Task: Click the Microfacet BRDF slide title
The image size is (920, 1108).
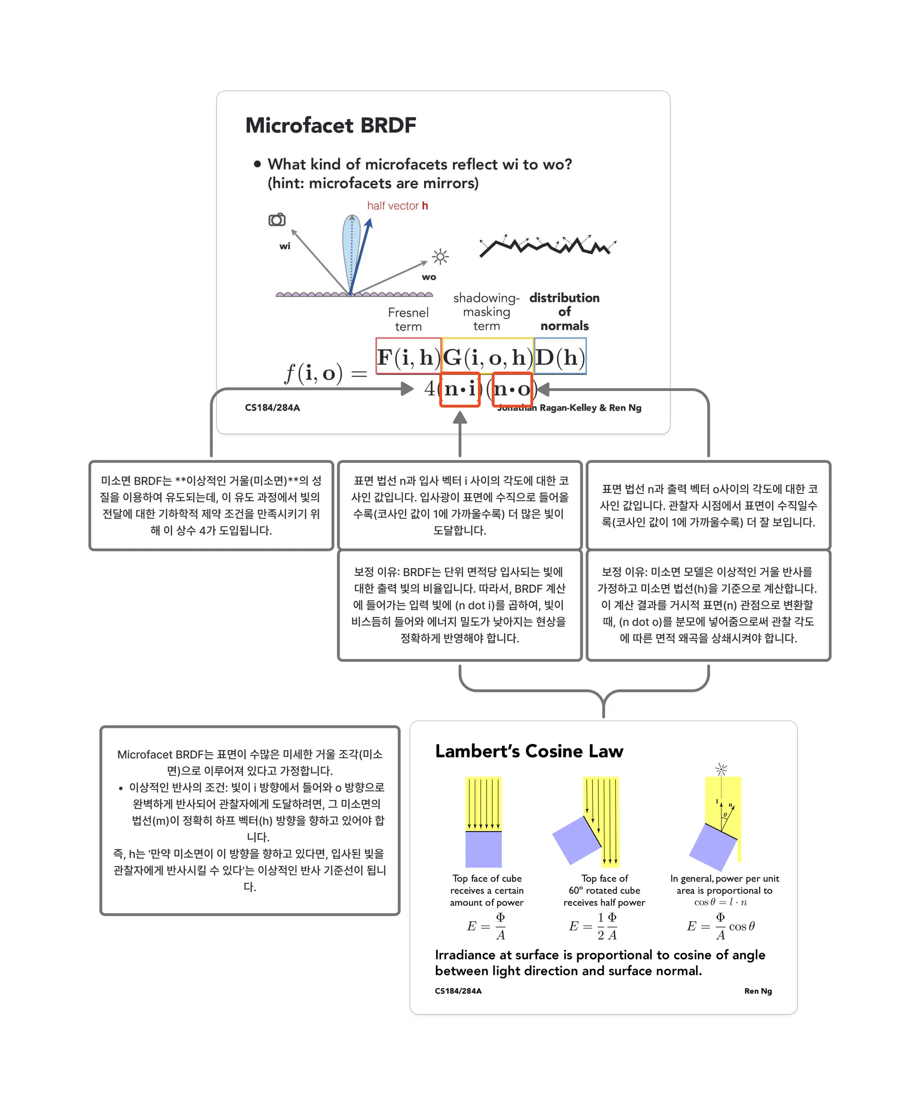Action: [330, 125]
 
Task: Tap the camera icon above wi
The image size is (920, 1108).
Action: [277, 220]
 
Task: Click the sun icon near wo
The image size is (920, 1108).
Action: [440, 257]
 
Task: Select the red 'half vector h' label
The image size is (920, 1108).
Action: [397, 206]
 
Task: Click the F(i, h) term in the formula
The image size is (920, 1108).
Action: [408, 357]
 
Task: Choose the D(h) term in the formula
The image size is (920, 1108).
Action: [560, 357]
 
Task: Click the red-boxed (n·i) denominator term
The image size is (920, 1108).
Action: [460, 390]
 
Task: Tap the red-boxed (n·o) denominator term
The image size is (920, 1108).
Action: [512, 390]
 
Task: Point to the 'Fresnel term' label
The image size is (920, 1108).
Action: [408, 319]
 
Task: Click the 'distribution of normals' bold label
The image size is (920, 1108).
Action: [565, 311]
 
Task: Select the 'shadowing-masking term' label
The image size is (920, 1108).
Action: [487, 312]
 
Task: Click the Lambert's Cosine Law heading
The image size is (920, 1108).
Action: [529, 751]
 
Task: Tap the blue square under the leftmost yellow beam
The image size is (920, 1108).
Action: [483, 850]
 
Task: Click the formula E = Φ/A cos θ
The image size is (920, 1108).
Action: [721, 927]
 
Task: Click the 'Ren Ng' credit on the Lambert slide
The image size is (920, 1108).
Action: [757, 991]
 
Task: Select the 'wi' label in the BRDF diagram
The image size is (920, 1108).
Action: [285, 246]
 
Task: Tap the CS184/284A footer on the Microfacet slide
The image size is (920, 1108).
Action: [272, 408]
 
